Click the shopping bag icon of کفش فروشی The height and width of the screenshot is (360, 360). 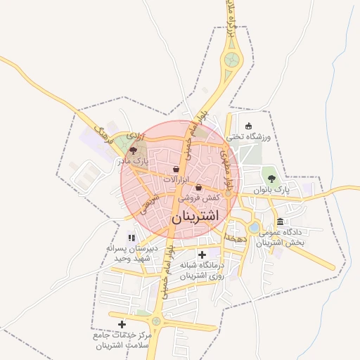pos(199,188)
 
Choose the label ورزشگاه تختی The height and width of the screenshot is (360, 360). pos(252,137)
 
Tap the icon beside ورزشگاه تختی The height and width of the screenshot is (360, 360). pos(248,126)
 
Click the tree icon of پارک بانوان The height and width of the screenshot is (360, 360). pos(271,178)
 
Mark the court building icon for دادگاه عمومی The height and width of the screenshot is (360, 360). pos(281,221)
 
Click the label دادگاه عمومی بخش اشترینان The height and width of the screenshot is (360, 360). pos(280,237)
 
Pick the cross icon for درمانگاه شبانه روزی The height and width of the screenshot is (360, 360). pos(202,255)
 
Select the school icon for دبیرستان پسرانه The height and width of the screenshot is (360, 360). pos(131,238)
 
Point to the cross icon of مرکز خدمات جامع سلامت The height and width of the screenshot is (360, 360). pos(122,324)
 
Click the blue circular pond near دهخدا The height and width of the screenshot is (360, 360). pos(253,228)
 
